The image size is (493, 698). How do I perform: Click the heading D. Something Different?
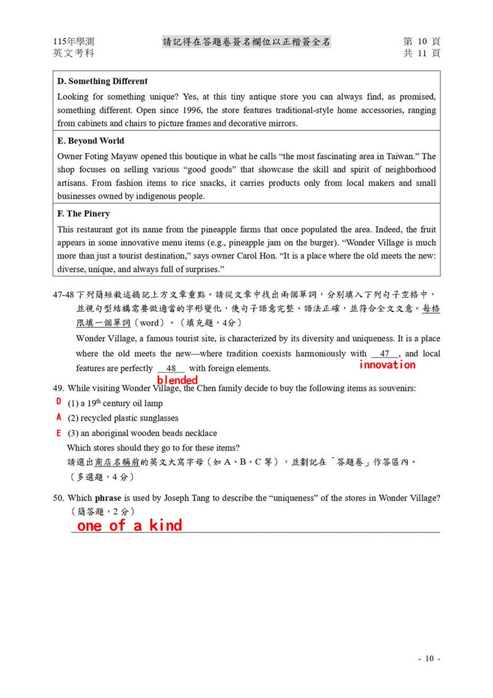pyautogui.click(x=102, y=81)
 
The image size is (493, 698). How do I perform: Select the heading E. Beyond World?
pyautogui.click(x=91, y=141)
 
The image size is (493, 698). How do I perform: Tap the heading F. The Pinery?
pyautogui.click(x=83, y=213)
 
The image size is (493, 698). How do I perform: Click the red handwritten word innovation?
pyautogui.click(x=388, y=364)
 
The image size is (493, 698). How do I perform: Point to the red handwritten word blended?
pyautogui.click(x=177, y=380)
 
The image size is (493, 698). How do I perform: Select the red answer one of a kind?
pyautogui.click(x=129, y=525)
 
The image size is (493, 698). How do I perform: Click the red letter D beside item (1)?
pyautogui.click(x=59, y=401)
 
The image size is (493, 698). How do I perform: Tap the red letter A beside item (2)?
pyautogui.click(x=59, y=417)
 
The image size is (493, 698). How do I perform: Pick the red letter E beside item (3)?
pyautogui.click(x=59, y=432)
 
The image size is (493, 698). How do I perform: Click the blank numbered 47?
pyautogui.click(x=385, y=354)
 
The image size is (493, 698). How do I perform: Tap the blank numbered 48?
pyautogui.click(x=171, y=369)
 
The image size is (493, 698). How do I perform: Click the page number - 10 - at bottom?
pyautogui.click(x=430, y=659)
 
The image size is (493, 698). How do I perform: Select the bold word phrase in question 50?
pyautogui.click(x=108, y=498)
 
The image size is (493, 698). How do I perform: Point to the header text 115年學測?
pyautogui.click(x=74, y=41)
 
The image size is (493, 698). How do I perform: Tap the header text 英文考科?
pyautogui.click(x=74, y=53)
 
